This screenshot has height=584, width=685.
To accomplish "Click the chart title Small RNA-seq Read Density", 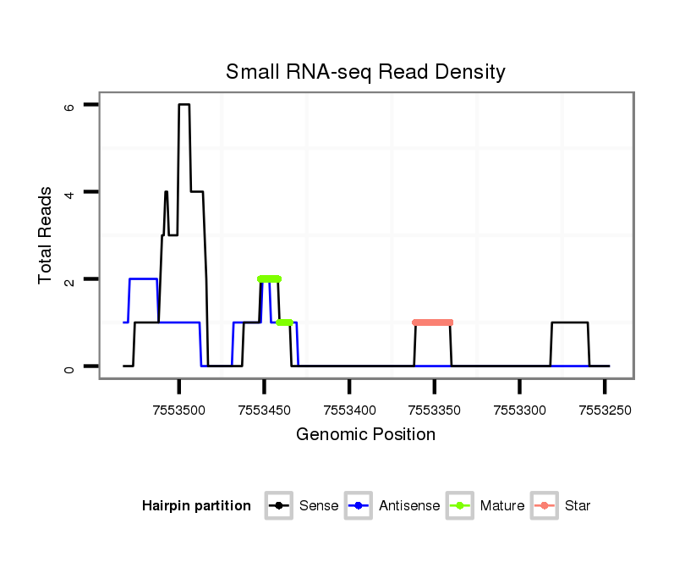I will tap(365, 72).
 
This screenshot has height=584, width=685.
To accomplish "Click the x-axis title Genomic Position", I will tap(365, 435).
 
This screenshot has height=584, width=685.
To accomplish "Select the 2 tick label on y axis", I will tap(69, 279).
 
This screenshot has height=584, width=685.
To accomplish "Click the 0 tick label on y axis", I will tap(69, 366).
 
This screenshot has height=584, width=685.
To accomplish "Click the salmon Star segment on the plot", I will tap(433, 322).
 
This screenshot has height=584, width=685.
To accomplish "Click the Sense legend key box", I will tap(279, 506).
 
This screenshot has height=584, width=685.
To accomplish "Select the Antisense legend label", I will tap(409, 506).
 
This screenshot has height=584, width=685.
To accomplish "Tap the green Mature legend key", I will tap(459, 506).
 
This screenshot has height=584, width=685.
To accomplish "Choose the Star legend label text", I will tap(578, 506).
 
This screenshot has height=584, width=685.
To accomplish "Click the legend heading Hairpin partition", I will tap(196, 506).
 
